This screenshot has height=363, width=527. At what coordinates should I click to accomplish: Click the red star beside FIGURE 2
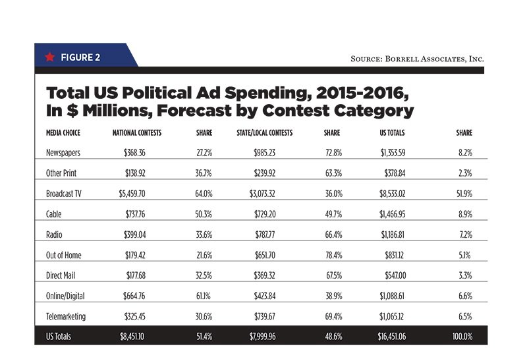point(50,57)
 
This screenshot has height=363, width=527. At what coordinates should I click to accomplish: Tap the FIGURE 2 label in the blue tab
point(80,57)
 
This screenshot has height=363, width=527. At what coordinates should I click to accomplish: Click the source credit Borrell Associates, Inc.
point(418,59)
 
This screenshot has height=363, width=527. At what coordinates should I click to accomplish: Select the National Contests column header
point(137,133)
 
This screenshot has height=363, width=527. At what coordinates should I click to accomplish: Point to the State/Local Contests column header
point(265,133)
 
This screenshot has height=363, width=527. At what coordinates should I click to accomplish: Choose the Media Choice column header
point(63,133)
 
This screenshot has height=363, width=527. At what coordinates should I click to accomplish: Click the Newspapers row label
point(63,153)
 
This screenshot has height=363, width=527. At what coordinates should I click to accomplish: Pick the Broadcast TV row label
point(64,194)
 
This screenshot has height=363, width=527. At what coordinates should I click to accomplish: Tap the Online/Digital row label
point(65,296)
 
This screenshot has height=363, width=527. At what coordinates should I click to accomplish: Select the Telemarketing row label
point(66,317)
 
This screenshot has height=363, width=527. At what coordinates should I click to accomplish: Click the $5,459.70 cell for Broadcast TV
point(132,194)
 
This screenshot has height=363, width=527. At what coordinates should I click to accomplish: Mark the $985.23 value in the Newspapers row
point(265,153)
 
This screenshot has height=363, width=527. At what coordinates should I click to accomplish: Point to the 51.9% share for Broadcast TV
point(464,194)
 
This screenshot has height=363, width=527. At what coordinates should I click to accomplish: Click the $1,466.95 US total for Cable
point(393,214)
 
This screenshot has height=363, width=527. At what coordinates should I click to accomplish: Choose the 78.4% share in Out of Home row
point(334,255)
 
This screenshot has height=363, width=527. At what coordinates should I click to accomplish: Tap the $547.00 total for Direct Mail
point(395,275)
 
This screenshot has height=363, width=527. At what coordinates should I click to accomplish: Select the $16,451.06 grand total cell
point(392,337)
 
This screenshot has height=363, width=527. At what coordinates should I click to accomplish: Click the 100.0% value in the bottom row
point(462,337)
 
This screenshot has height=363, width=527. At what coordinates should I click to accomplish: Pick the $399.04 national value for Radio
point(135,235)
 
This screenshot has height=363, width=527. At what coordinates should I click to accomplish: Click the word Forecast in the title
point(194,111)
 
